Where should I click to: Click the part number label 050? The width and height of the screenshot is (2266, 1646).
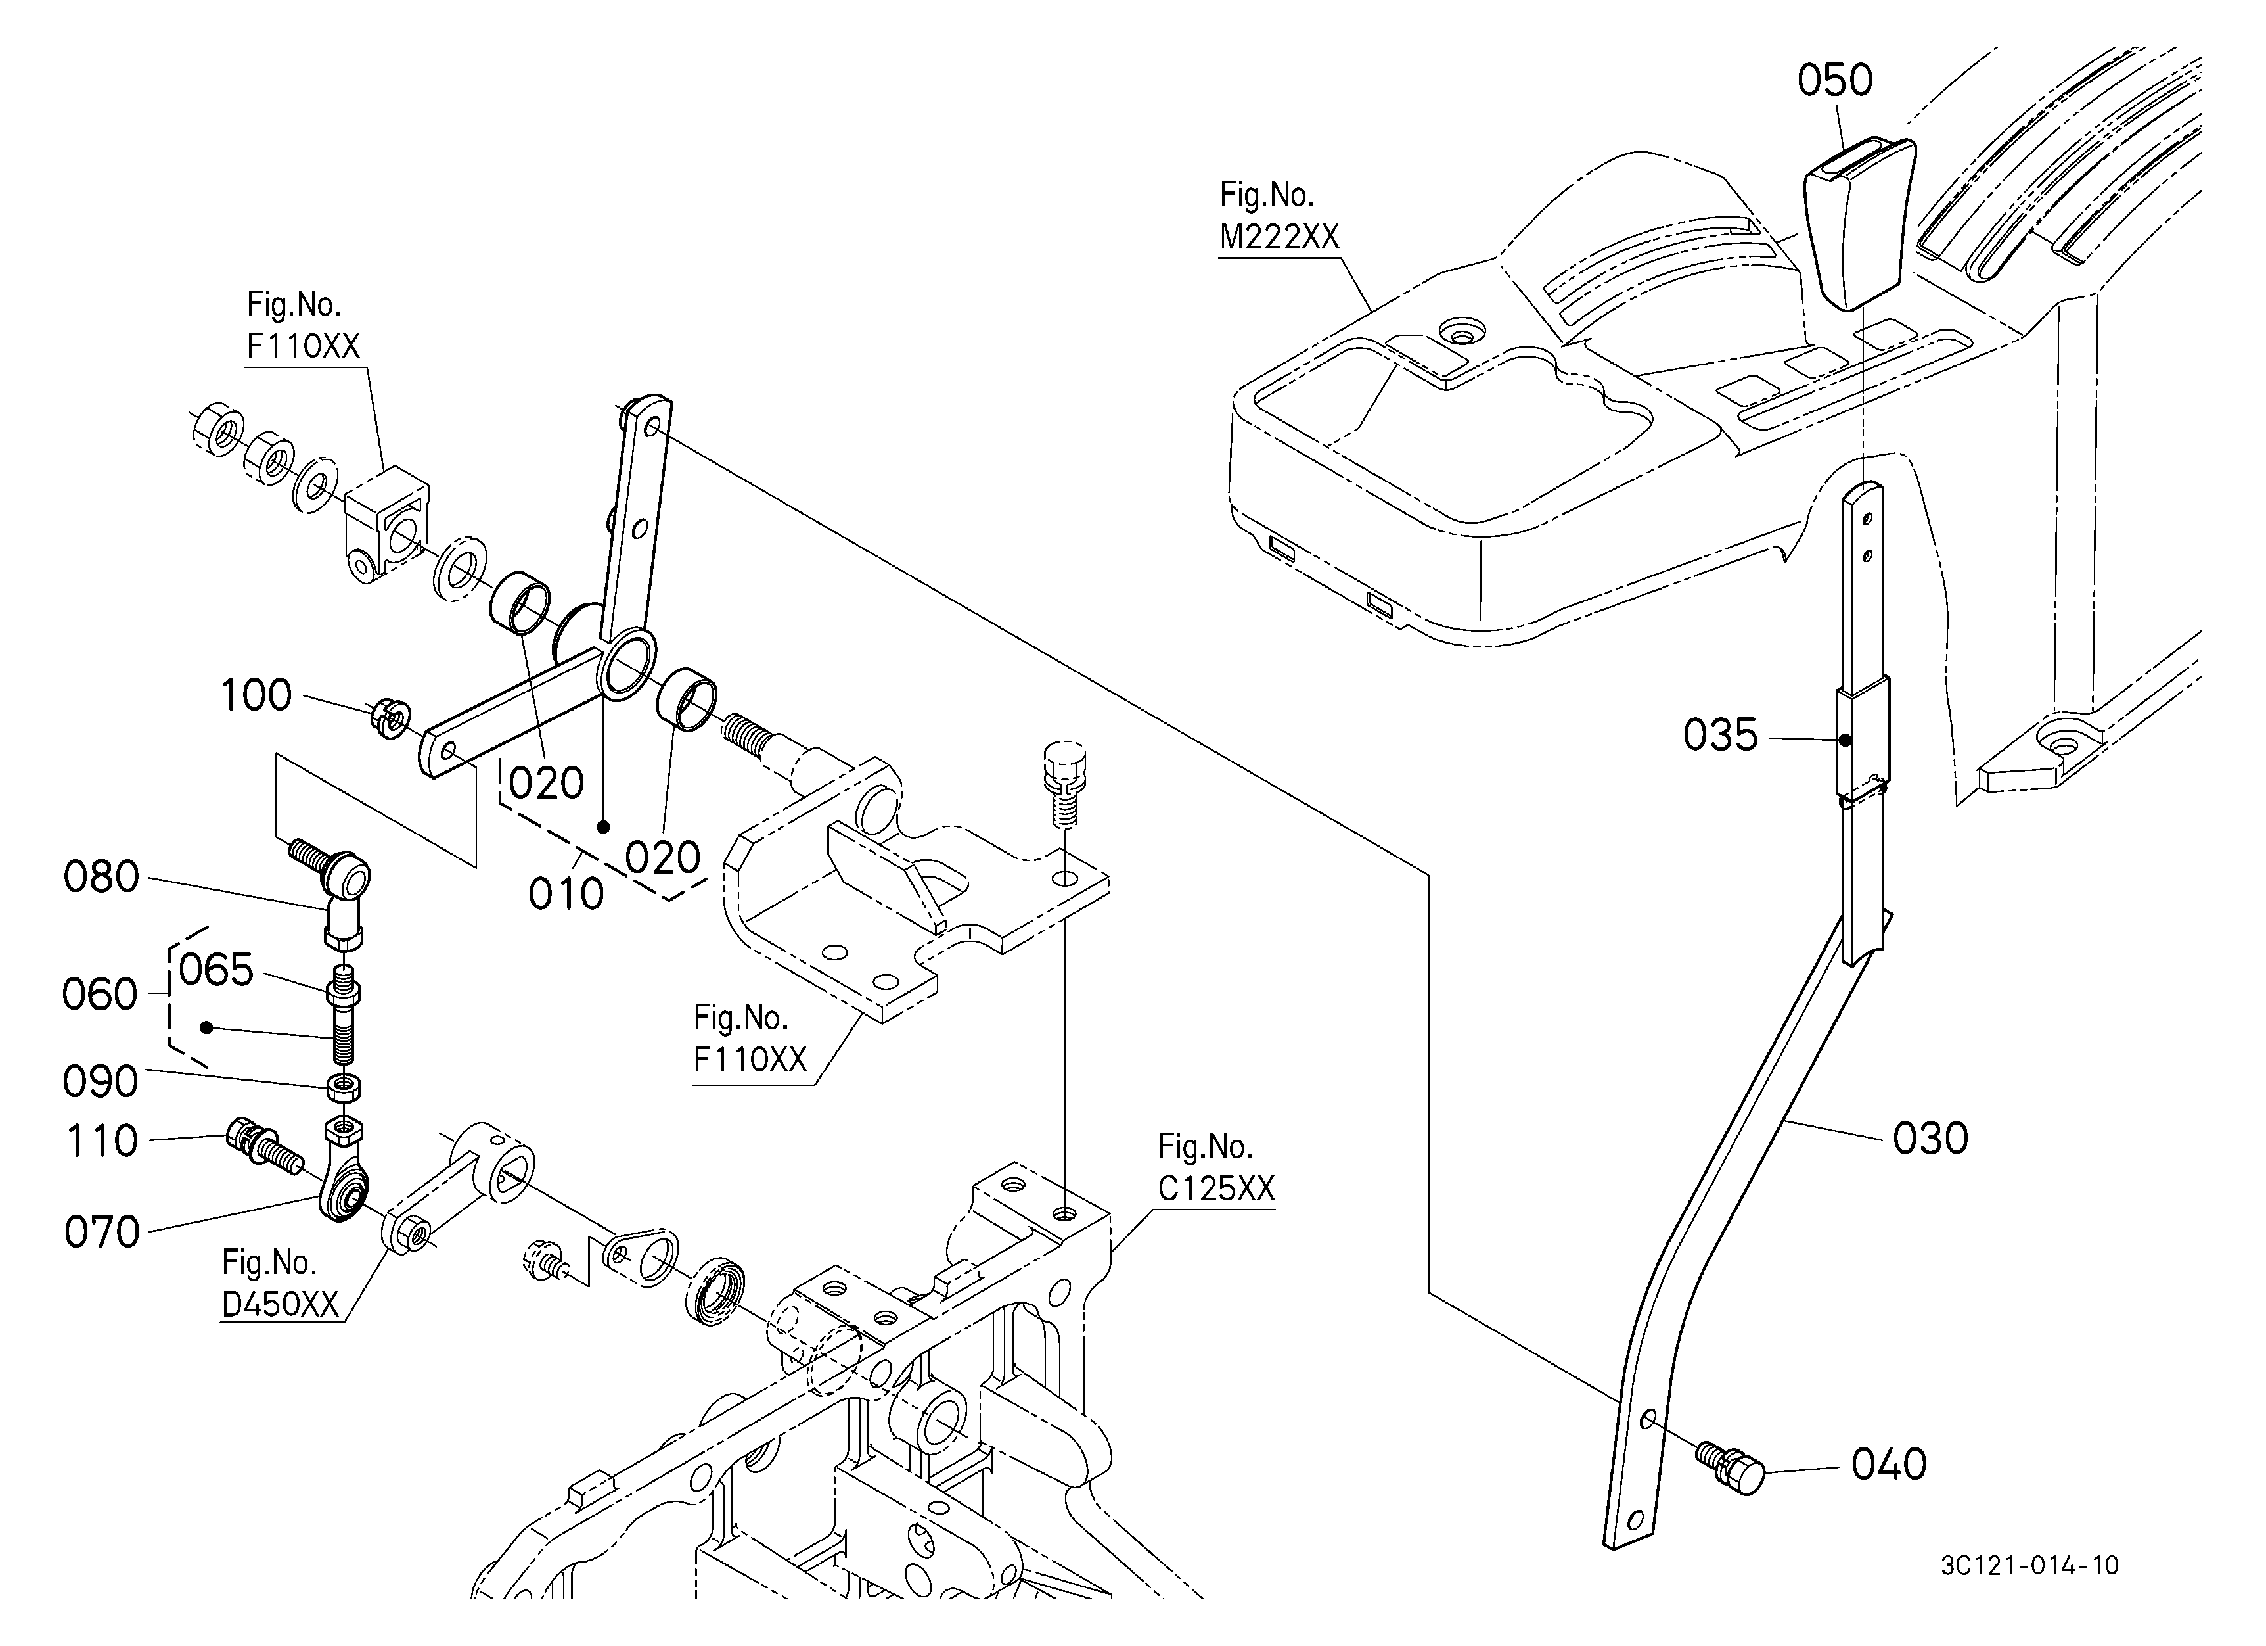pos(1834,80)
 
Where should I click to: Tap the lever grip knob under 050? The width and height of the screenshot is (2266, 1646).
pos(1859,224)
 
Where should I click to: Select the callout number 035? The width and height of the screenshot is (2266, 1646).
pos(1721,736)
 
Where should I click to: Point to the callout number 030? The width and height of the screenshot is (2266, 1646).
pos(1930,1139)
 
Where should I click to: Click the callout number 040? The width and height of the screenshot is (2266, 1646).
pos(1888,1465)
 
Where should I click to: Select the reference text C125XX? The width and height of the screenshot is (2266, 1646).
pos(1216,1188)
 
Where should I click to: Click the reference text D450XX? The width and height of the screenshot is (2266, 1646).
pos(280,1304)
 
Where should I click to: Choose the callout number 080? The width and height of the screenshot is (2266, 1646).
pos(101,878)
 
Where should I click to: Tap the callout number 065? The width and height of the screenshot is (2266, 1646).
pos(215,970)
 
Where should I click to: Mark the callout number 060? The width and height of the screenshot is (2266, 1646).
pos(100,995)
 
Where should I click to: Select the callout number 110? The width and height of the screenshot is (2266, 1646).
pos(102,1141)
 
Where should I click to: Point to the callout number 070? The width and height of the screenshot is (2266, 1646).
pos(102,1233)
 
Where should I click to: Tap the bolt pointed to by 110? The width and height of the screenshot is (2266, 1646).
pos(261,1147)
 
